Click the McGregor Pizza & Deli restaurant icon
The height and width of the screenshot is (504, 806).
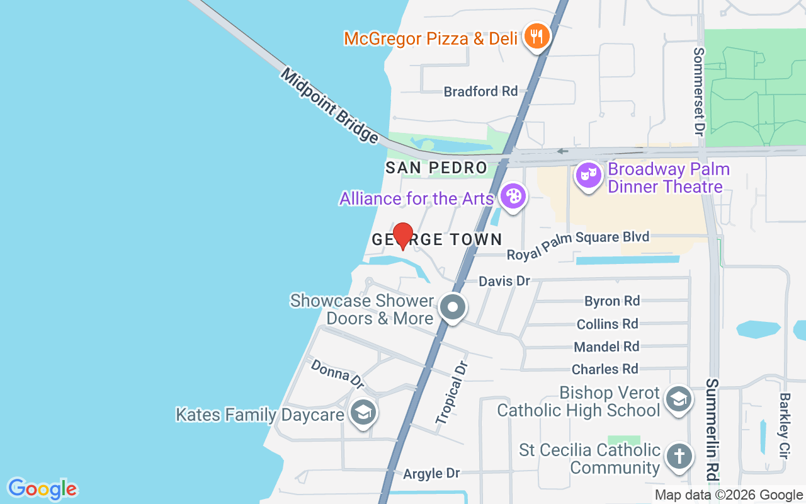536,37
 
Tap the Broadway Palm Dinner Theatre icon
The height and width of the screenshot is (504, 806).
588,176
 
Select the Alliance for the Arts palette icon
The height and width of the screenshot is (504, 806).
514,196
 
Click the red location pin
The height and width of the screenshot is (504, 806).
403,236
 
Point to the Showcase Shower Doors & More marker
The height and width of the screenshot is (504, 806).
452,308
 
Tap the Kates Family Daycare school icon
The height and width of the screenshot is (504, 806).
363,413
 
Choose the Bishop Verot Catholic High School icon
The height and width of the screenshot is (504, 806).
679,398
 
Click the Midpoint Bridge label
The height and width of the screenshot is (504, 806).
329,105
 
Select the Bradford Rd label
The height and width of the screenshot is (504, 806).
480,91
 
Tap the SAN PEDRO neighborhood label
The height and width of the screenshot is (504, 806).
436,168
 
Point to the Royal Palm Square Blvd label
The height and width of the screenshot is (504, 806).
578,246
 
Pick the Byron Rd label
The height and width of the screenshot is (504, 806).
611,301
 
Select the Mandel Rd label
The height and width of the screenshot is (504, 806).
606,346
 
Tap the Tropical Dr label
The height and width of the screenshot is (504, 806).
453,392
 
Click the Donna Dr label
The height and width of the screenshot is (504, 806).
338,374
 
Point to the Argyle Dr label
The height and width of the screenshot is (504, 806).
432,473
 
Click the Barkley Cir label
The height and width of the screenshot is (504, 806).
785,426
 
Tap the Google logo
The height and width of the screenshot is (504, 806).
42,489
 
